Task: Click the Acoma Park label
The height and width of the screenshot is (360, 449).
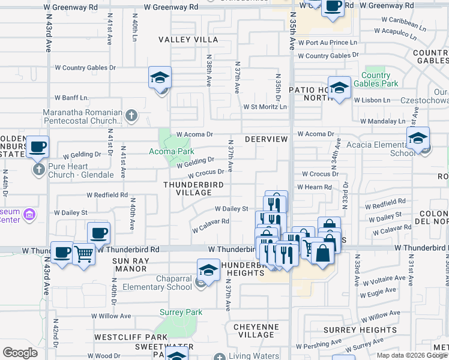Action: click(171, 151)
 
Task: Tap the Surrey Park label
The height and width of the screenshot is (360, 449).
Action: click(181, 312)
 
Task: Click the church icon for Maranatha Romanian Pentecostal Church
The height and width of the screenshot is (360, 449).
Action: click(132, 113)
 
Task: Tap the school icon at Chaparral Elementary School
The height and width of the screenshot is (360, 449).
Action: click(208, 271)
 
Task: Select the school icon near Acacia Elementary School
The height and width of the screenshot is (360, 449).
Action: click(418, 138)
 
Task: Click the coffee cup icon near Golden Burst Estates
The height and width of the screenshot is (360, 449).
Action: click(37, 147)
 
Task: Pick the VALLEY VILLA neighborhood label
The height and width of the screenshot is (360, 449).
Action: click(188, 40)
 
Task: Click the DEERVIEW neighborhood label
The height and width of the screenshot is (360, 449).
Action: click(267, 139)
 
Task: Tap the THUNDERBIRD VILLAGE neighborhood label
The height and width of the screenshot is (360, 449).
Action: click(188, 189)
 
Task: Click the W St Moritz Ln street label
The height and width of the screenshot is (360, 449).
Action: click(265, 107)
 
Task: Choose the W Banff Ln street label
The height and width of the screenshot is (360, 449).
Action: click(71, 97)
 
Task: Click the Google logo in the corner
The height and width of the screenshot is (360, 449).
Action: click(20, 353)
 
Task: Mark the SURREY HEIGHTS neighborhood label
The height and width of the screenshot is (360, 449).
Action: click(360, 330)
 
